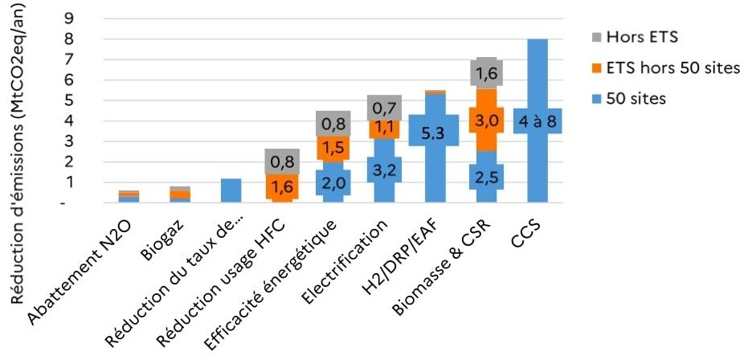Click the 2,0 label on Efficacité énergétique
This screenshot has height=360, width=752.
[x=331, y=183]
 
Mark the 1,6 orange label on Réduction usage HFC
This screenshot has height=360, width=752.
[x=281, y=186]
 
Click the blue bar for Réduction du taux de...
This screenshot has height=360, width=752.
[x=231, y=190]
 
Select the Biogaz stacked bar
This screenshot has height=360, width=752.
[x=180, y=194]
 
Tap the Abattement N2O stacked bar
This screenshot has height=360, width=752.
[x=129, y=196]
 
